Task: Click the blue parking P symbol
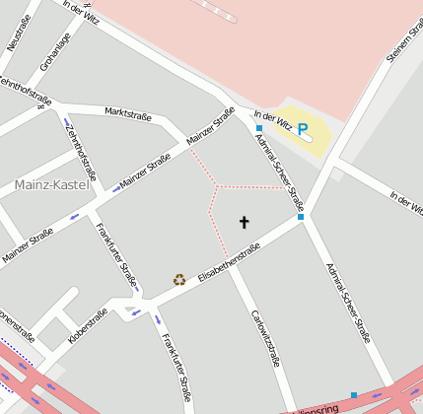(x=303, y=128)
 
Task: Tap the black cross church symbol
(x=245, y=222)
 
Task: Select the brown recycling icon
(x=179, y=279)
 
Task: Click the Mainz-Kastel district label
(x=52, y=184)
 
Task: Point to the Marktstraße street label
(x=127, y=115)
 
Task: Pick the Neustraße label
(x=19, y=31)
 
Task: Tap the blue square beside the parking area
(x=258, y=129)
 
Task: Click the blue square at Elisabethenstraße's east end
(x=301, y=217)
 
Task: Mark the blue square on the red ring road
(x=354, y=395)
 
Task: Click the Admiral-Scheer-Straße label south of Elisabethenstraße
(x=347, y=303)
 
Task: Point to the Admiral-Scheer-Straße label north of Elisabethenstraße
(x=279, y=172)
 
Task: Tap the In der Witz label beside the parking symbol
(x=272, y=119)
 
